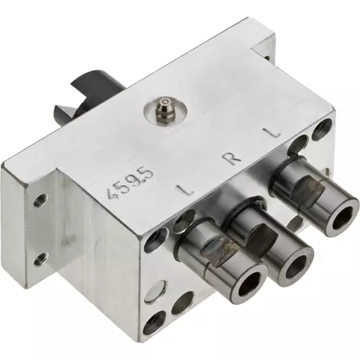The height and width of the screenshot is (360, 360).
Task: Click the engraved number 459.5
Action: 132,184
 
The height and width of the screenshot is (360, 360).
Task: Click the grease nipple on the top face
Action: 163,109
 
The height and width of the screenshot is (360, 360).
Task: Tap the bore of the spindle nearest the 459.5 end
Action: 249,285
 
